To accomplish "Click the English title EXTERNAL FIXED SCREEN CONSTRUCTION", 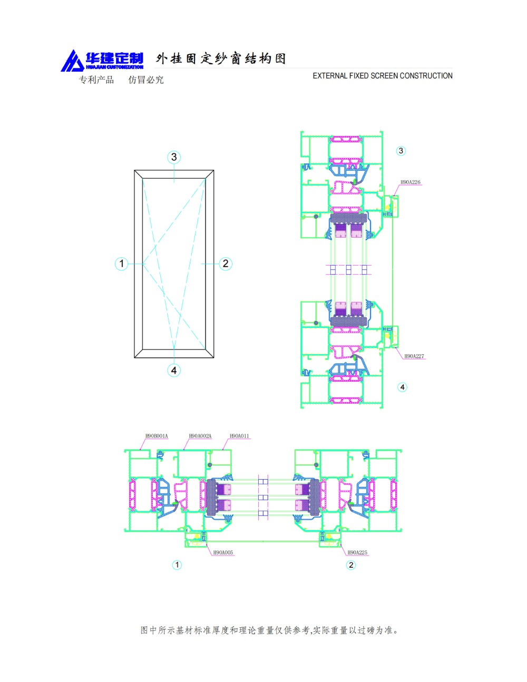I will [x=382, y=76].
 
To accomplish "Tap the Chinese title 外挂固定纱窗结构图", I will [x=221, y=59].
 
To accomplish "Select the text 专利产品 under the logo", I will [x=96, y=80].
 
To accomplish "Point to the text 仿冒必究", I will [x=146, y=80].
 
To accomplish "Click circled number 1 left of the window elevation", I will [x=121, y=264].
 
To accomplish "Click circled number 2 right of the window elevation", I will [x=226, y=264].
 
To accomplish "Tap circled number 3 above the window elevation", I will [x=174, y=157].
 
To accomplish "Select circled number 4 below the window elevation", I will [x=174, y=370].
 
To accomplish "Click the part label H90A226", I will [x=410, y=182].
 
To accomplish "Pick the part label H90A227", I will [x=414, y=356].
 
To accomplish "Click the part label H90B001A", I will [x=157, y=436].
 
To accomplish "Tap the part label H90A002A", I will [x=200, y=436].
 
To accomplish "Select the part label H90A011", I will [x=239, y=436].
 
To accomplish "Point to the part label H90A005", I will [x=223, y=552].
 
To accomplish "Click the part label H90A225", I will [x=357, y=552].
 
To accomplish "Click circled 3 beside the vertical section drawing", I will [x=401, y=151].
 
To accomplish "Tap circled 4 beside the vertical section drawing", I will [x=403, y=387].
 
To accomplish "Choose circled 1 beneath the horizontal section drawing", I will [x=177, y=565].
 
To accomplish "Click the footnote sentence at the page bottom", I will [x=269, y=630].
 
